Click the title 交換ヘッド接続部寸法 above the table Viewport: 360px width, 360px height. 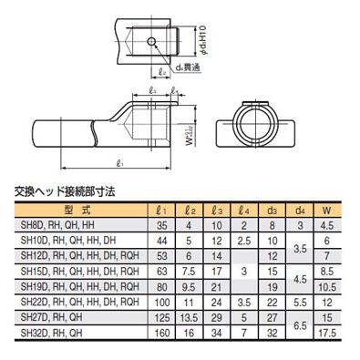tap(68, 192)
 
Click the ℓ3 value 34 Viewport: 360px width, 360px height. tap(216, 320)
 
